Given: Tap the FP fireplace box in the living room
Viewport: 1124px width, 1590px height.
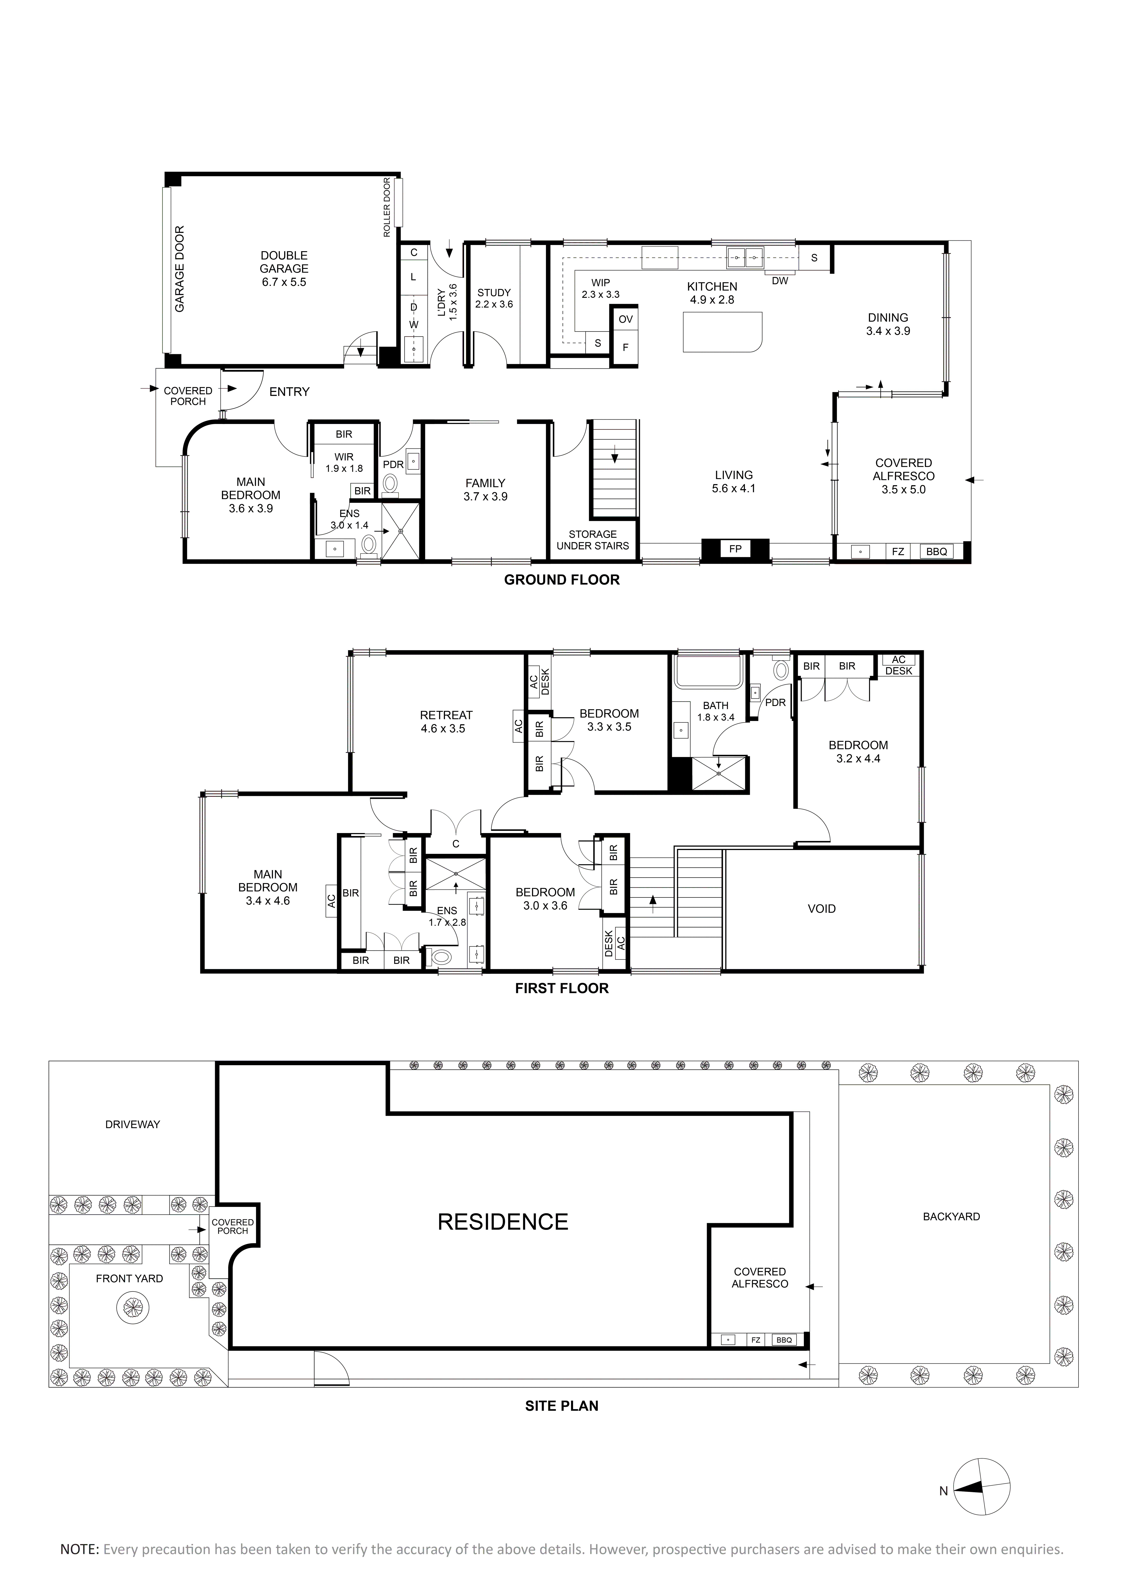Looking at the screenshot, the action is pyautogui.click(x=736, y=549).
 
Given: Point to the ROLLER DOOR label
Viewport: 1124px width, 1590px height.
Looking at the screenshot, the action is pyautogui.click(x=387, y=208).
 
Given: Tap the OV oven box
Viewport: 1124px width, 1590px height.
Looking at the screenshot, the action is pyautogui.click(x=625, y=319).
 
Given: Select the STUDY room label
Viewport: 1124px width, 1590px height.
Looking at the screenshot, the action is pyautogui.click(x=494, y=292).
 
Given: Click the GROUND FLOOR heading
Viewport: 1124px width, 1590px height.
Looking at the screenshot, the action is pyautogui.click(x=562, y=580).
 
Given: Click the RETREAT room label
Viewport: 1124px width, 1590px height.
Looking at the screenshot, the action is pyautogui.click(x=446, y=715).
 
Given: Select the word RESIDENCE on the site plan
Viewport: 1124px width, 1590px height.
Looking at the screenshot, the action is pyautogui.click(x=503, y=1222).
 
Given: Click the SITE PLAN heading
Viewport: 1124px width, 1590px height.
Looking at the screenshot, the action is pyautogui.click(x=562, y=1406).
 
